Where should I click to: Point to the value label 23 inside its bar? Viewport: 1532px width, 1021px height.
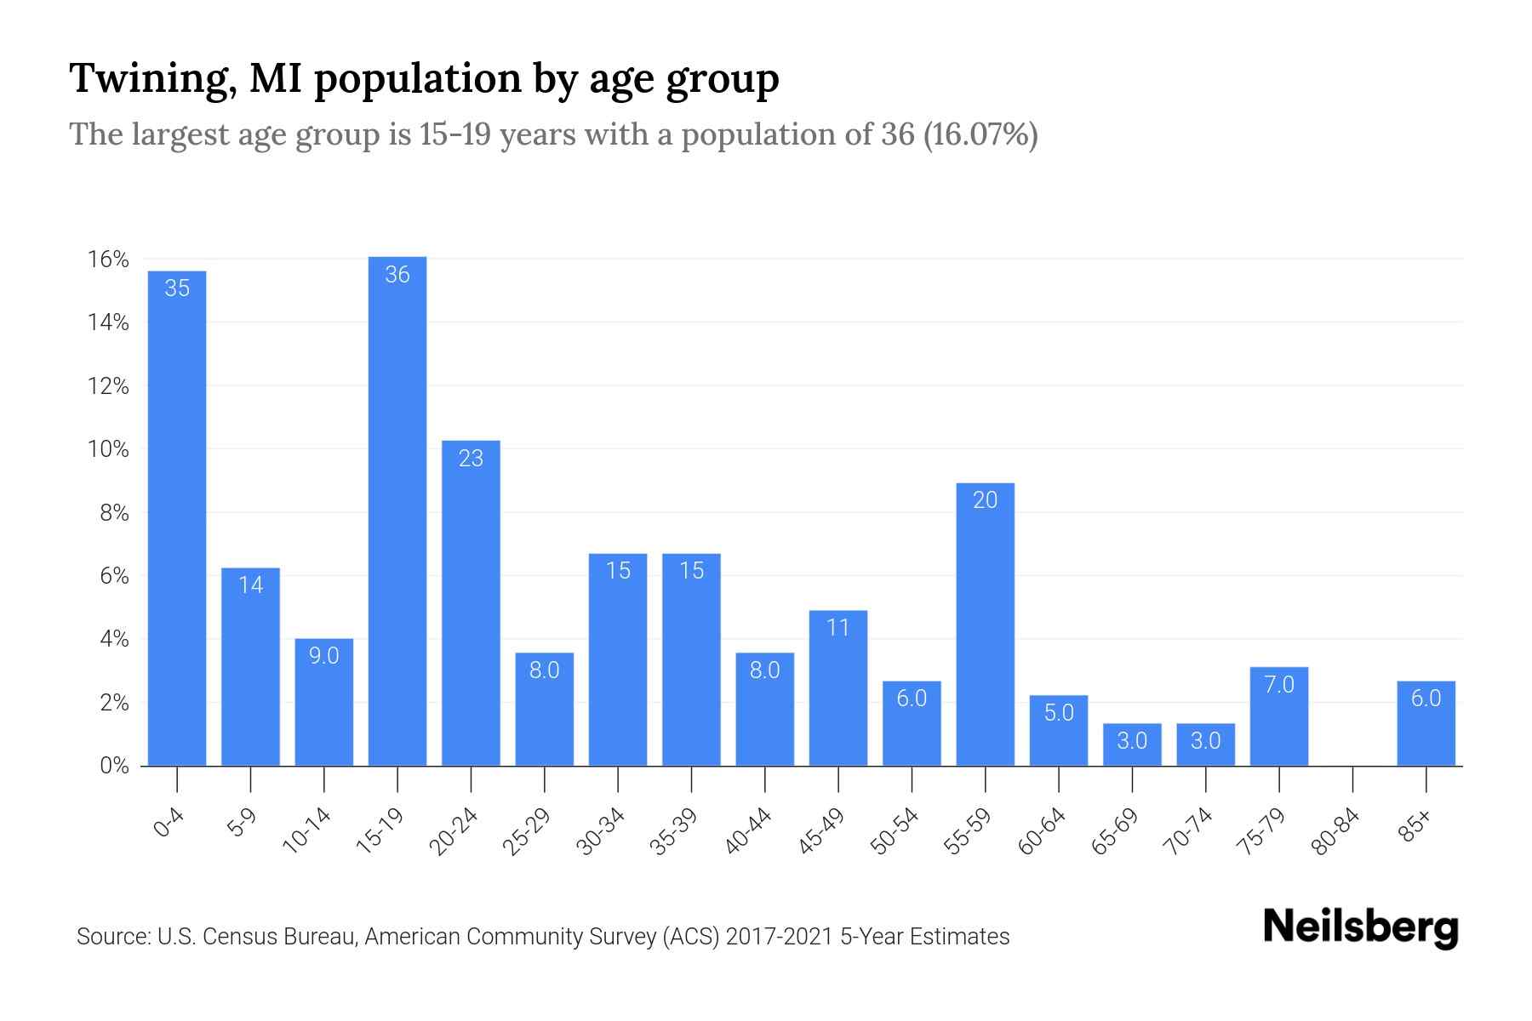[471, 459]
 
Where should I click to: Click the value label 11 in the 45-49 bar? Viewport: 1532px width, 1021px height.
[838, 628]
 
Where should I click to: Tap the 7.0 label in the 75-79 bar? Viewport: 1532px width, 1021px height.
[1279, 685]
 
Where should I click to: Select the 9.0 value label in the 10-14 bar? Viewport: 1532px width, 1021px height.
[323, 656]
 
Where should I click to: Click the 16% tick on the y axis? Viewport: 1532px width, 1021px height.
[108, 260]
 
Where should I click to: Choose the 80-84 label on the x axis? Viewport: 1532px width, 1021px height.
[1336, 831]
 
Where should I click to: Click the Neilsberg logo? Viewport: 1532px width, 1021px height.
[1360, 927]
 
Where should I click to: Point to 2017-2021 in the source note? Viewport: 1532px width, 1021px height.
[779, 937]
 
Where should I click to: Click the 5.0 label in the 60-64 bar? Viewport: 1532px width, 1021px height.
[1059, 713]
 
